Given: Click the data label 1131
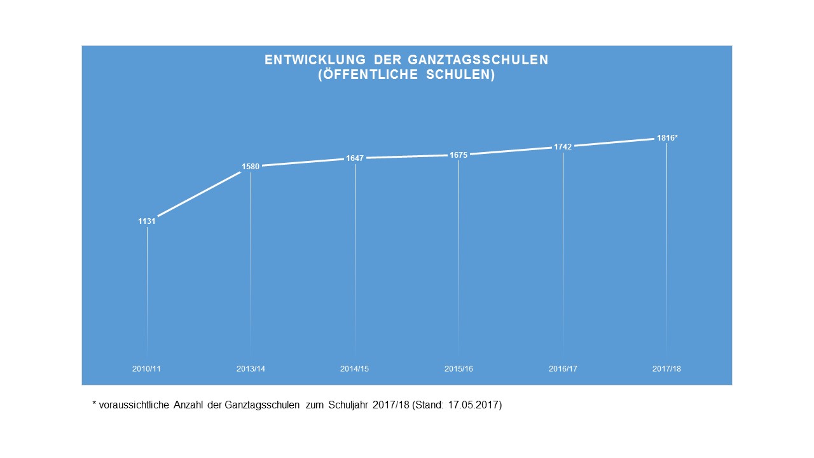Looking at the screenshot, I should (x=147, y=221).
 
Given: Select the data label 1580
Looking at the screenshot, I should (x=251, y=167).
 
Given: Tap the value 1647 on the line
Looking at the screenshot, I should (x=355, y=158).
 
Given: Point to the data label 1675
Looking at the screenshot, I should (x=459, y=155).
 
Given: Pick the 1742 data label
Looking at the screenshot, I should (x=563, y=146).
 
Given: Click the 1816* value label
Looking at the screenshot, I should (x=667, y=137).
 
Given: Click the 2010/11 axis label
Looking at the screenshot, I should (x=147, y=369).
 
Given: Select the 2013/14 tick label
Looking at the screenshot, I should (x=251, y=369).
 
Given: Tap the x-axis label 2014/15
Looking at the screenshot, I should (x=355, y=369).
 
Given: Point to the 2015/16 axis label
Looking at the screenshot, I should (x=459, y=369).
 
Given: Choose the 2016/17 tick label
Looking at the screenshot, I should (x=563, y=369).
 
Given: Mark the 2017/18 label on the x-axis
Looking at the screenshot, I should (x=666, y=369).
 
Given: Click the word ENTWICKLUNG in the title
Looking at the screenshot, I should (x=315, y=60).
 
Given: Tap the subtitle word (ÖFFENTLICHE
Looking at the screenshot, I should (x=363, y=75).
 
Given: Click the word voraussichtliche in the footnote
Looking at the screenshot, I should (x=133, y=405).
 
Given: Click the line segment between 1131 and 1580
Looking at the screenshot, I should (x=198, y=193).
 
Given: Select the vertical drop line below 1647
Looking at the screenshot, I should (x=355, y=254).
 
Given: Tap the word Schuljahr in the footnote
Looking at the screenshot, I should (x=347, y=405).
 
